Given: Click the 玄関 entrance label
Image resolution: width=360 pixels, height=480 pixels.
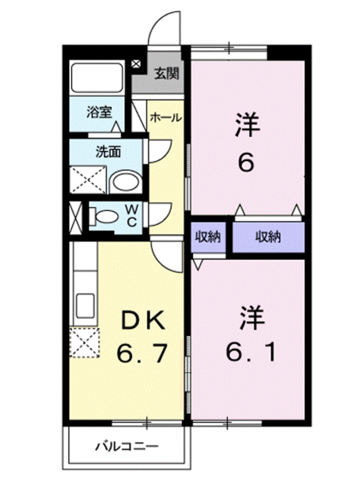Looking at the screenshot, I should point(167,73).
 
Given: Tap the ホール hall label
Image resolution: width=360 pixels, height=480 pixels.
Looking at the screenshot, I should point(165,118).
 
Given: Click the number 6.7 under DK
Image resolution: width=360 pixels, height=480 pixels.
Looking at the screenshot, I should point(142,353).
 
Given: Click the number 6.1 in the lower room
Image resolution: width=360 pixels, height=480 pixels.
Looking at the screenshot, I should point(251,353).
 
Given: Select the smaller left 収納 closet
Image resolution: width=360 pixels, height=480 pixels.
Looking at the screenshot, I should point(207,237).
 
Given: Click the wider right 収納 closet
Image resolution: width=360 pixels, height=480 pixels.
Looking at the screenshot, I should point(268,237).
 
